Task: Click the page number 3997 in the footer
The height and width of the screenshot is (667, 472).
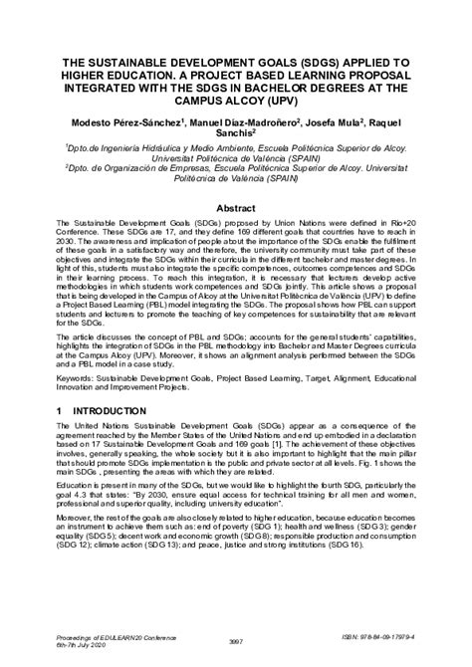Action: pos(236,643)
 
